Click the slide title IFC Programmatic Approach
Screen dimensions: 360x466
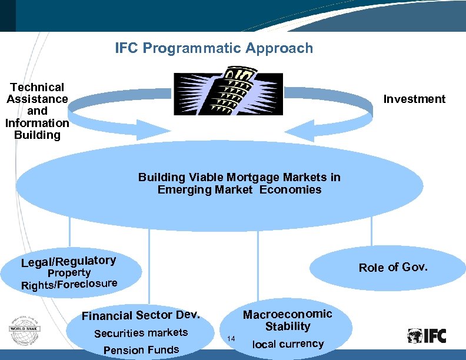point(214,48)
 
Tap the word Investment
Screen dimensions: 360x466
point(414,99)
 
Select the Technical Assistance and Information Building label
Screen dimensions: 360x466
point(37,111)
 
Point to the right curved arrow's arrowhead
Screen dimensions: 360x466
point(306,128)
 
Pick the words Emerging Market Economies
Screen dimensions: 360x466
point(239,189)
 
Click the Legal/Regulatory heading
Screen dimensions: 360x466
point(68,261)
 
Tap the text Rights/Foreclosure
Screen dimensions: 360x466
point(69,284)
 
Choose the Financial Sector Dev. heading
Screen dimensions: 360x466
point(141,315)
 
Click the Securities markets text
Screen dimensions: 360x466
point(141,333)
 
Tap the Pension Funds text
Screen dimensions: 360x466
point(141,350)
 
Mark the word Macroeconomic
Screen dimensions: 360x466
point(288,314)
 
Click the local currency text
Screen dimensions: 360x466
point(288,344)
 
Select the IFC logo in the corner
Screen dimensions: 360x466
point(427,336)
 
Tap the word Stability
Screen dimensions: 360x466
point(287,326)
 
